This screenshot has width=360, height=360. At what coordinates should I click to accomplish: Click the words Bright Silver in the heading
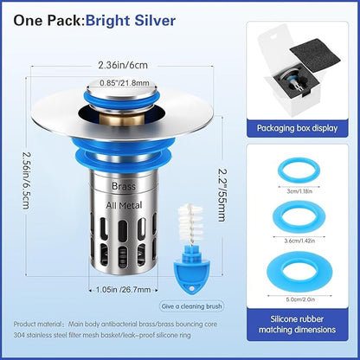coord(131,21)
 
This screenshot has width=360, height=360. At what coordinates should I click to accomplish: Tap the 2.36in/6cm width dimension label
coord(123,65)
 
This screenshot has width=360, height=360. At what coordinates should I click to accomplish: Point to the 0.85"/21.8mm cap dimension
coord(125,83)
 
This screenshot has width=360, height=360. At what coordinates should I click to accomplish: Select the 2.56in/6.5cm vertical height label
coord(26,181)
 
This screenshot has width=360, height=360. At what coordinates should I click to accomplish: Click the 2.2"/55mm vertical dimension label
coord(221,195)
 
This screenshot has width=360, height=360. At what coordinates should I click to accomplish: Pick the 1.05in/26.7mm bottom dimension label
coord(124,289)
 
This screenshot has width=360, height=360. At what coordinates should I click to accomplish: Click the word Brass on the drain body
coord(124,186)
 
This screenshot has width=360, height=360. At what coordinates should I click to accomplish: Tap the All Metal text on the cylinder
coord(124,205)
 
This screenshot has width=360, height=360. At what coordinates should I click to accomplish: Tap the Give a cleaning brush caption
coord(191,306)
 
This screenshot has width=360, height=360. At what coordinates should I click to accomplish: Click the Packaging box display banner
coord(297,128)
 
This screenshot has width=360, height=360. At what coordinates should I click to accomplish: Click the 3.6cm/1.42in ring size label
coord(299,241)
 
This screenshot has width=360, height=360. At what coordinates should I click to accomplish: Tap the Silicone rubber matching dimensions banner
coord(297,325)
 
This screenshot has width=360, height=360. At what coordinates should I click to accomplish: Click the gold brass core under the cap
coord(125,120)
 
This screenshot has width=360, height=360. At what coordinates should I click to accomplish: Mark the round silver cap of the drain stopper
coord(123,87)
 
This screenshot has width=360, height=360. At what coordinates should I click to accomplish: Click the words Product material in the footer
coord(37,325)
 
